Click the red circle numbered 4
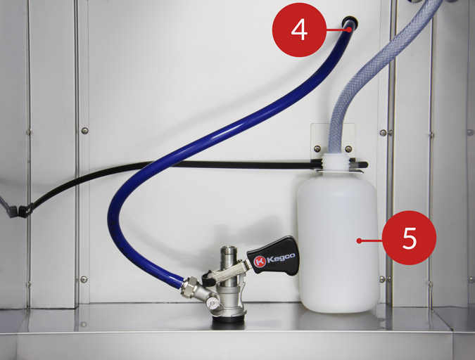(x=299, y=30)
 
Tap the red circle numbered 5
(x=410, y=238)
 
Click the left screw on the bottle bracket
(x=317, y=148)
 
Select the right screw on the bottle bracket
(x=348, y=148)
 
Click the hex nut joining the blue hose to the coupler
(x=189, y=285)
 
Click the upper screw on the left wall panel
(x=85, y=131)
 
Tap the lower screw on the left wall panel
(x=84, y=279)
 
